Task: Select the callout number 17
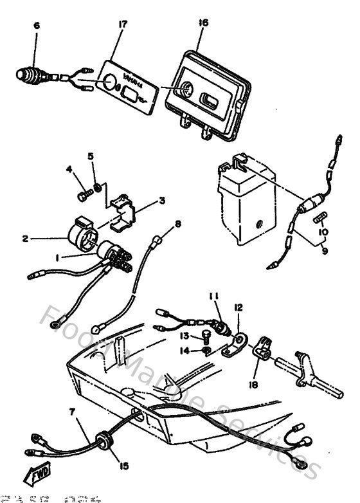(122, 25)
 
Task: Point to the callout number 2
(25, 239)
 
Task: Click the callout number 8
(178, 224)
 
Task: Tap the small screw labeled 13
(205, 334)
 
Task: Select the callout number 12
(239, 308)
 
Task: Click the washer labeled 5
(96, 188)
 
